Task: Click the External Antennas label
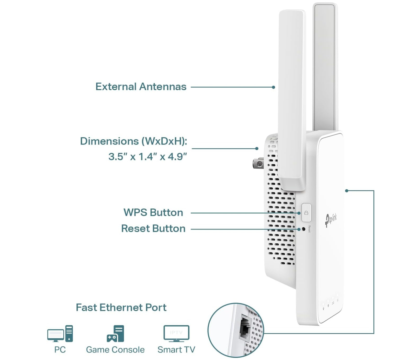[141, 87]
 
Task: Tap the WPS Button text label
[153, 213]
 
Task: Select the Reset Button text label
[153, 228]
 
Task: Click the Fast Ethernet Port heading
[121, 308]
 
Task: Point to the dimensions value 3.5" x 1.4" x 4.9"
[148, 156]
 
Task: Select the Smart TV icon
[176, 333]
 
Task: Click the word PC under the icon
[60, 350]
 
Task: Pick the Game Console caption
[115, 350]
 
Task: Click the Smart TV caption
[176, 350]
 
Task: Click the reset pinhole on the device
[304, 229]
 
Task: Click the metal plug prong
[258, 163]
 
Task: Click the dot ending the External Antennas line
[274, 87]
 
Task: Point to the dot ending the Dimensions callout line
[257, 149]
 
